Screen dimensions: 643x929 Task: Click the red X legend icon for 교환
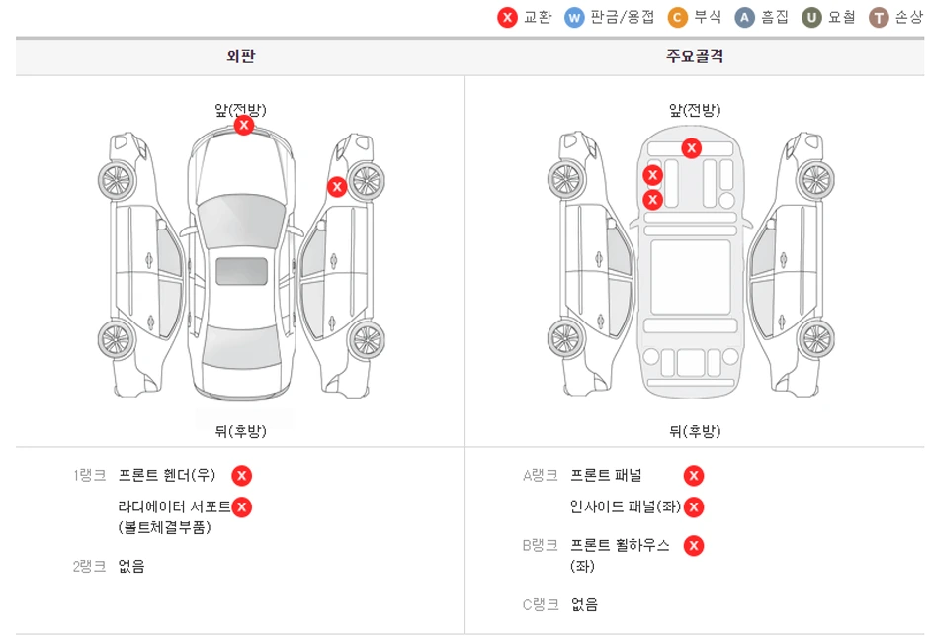[507, 18]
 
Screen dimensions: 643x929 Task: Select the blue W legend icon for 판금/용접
[574, 18]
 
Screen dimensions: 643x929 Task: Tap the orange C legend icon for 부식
[678, 18]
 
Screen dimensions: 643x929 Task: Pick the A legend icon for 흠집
[745, 18]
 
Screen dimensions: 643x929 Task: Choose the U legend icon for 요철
[812, 18]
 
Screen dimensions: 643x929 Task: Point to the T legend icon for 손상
[879, 18]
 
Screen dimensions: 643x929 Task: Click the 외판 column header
[240, 56]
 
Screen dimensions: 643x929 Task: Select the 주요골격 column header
[694, 56]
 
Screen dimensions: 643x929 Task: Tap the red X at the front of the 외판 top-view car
[244, 126]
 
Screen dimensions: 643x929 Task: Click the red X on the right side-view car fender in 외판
[337, 186]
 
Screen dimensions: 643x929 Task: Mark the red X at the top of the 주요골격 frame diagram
[692, 148]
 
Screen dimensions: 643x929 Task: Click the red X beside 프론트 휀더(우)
[242, 476]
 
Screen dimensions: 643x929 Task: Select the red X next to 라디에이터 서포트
[242, 507]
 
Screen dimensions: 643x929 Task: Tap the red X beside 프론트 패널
[694, 476]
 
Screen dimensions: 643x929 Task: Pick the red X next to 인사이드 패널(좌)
[694, 507]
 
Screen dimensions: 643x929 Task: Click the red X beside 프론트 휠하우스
[694, 545]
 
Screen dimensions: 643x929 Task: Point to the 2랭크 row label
[89, 567]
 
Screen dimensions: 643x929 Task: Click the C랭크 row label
[541, 604]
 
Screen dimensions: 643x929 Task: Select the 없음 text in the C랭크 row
[585, 604]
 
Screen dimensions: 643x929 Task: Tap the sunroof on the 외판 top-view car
[241, 271]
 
